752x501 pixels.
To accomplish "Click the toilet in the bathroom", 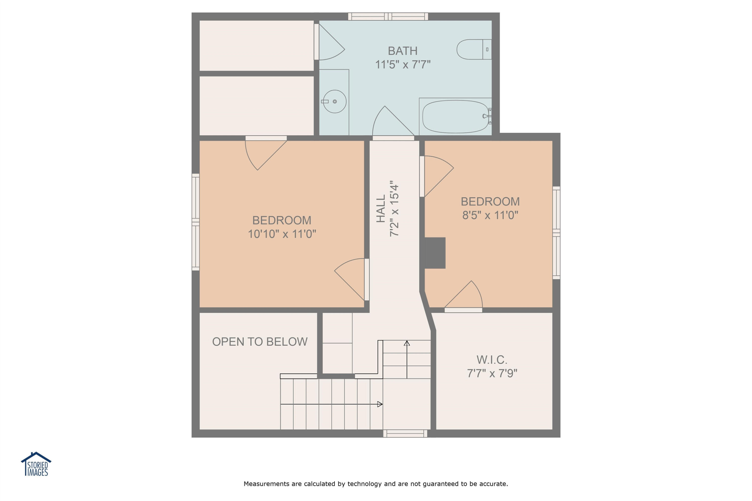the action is [x=474, y=50].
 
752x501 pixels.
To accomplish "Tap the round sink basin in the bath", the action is [x=335, y=101].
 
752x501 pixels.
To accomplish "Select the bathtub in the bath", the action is [x=456, y=117].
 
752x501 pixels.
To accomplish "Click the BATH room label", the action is [x=403, y=51].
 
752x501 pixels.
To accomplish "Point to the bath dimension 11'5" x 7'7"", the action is [x=403, y=65].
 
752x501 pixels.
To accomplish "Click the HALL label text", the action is [x=381, y=209].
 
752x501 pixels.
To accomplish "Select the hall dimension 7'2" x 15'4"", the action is [x=394, y=209].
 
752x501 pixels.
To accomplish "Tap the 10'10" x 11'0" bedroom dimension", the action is [x=282, y=234].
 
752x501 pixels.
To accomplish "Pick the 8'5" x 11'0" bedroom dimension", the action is [x=490, y=215].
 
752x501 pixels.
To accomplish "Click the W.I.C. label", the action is [x=492, y=360].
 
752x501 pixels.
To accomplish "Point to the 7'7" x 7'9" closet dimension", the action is [x=492, y=373].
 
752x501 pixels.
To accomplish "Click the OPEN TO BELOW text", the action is [x=260, y=342].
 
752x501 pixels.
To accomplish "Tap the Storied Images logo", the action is [x=36, y=464].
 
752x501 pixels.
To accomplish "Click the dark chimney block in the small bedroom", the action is [x=435, y=253].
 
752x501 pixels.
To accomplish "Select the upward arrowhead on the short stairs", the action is [x=407, y=343].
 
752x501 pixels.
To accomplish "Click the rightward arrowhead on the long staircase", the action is [x=380, y=404].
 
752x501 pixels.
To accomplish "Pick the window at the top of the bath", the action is [x=388, y=17].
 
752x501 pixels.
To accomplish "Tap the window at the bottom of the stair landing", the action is [x=405, y=434].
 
